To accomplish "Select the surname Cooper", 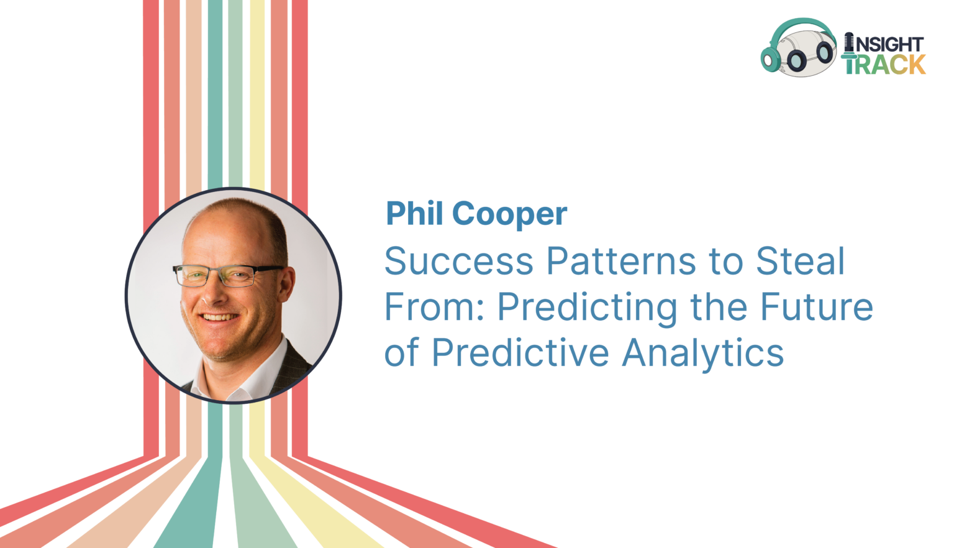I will pos(509,214).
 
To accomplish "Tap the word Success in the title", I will pos(459,261).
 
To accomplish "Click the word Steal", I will pos(800,261).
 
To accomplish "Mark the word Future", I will pos(817,307).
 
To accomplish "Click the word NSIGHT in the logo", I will pos(889,44).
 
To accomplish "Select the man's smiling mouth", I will pos(219,317).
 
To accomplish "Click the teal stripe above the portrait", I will pos(215,93).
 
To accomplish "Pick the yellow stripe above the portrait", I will pos(257,93).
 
